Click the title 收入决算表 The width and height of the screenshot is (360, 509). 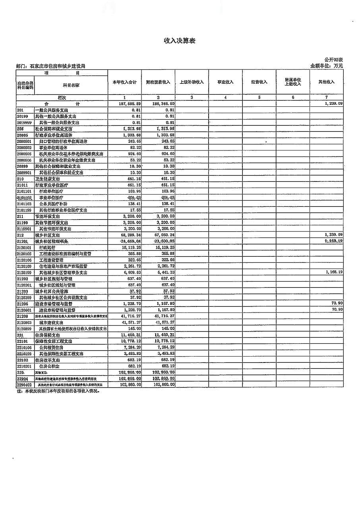(x=180, y=41)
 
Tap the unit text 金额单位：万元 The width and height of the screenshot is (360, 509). (x=326, y=66)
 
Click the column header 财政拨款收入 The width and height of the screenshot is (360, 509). (x=158, y=82)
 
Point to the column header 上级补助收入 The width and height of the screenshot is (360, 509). (x=192, y=82)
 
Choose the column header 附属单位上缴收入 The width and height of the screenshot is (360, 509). (x=292, y=82)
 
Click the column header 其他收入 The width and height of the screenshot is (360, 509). (x=326, y=82)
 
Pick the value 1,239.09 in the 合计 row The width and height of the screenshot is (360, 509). (x=332, y=104)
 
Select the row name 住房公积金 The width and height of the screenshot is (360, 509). (x=49, y=366)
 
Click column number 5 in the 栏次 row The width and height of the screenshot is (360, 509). (x=259, y=97)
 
